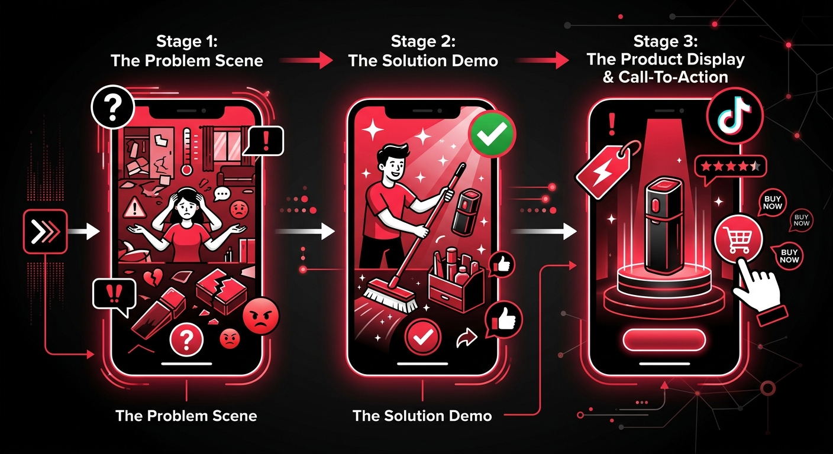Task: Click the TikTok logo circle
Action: (x=735, y=115)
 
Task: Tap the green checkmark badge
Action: (x=492, y=134)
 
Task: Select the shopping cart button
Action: (x=738, y=238)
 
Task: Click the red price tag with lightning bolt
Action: (x=603, y=170)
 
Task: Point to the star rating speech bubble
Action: (x=729, y=168)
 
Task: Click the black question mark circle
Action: (x=112, y=107)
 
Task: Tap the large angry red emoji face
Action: (x=260, y=316)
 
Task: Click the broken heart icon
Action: (x=153, y=277)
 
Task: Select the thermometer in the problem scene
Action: (x=186, y=151)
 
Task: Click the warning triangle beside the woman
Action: (x=134, y=207)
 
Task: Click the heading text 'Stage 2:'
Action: (x=423, y=41)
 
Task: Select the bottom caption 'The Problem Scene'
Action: (x=186, y=416)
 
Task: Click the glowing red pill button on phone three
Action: (x=664, y=340)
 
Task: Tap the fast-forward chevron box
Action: (x=46, y=232)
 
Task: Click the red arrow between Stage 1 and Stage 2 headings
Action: (x=306, y=60)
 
